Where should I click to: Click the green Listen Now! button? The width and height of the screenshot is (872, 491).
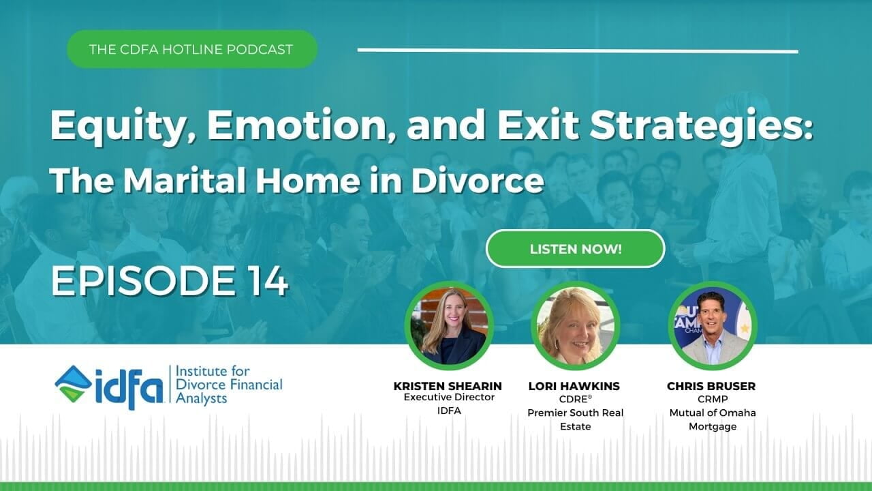[x=576, y=249]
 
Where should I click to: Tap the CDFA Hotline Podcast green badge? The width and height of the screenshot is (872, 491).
[x=192, y=50]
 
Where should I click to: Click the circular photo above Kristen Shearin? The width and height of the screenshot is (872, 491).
[x=449, y=326]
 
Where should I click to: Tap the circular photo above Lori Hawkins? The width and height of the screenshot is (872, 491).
[x=575, y=326]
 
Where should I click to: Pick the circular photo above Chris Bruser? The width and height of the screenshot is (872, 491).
[x=713, y=326]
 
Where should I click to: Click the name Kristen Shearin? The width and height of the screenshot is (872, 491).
[x=448, y=386]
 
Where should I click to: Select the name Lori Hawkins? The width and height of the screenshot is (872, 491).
[x=574, y=386]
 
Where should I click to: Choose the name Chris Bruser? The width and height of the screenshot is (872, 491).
[x=711, y=386]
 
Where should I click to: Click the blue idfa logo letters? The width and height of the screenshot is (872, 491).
[x=129, y=388]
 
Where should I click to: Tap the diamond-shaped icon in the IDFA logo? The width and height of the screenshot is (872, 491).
[x=72, y=384]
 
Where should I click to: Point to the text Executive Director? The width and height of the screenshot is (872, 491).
[x=449, y=397]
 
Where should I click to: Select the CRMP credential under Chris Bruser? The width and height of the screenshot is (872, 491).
[x=713, y=399]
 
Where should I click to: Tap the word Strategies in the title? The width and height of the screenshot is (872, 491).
[x=701, y=126]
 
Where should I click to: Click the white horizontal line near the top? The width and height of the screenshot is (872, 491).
[x=578, y=50]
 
